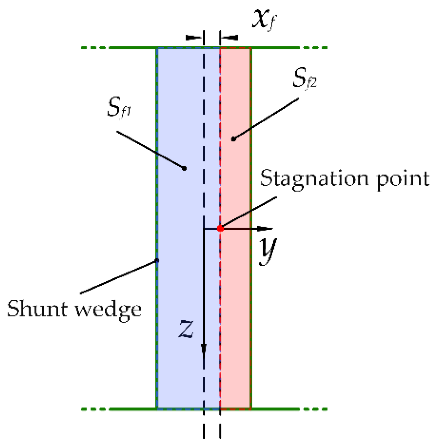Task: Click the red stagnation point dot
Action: click(x=220, y=228)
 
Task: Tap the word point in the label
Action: click(x=403, y=180)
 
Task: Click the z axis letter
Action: click(x=186, y=329)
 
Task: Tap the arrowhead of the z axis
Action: click(x=204, y=348)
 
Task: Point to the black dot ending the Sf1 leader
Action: click(x=184, y=168)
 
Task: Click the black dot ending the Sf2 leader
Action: click(x=233, y=139)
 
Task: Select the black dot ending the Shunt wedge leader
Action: click(x=157, y=260)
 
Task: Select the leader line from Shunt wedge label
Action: click(x=119, y=277)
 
